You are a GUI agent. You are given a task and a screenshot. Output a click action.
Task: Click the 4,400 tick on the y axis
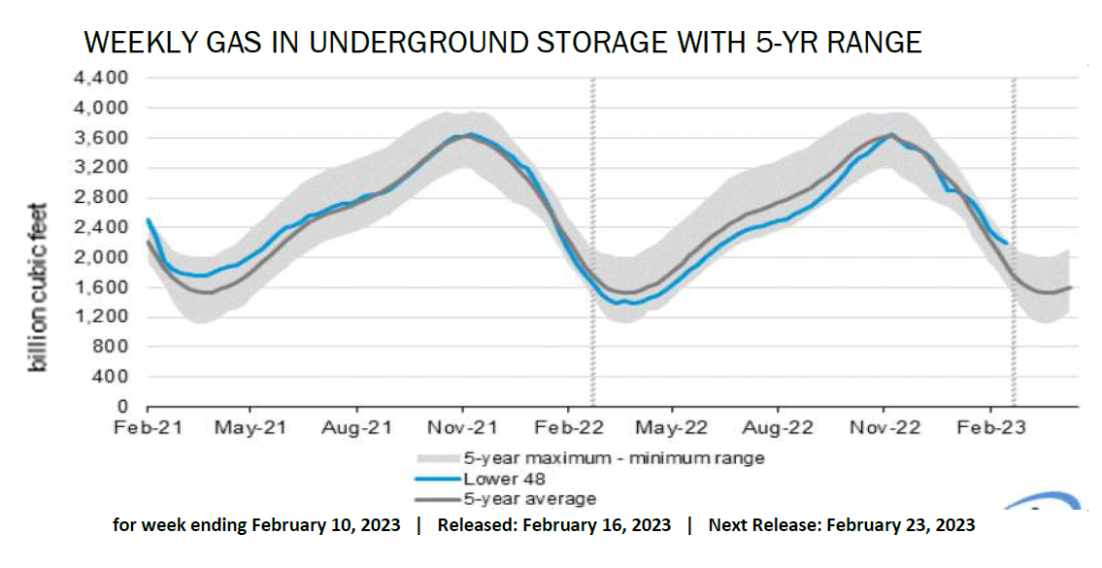coord(101,78)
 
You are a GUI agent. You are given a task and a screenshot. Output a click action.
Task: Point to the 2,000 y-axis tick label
coord(101,257)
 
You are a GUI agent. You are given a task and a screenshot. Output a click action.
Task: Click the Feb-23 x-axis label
coord(989,427)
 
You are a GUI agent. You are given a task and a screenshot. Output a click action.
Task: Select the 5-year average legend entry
coord(529,498)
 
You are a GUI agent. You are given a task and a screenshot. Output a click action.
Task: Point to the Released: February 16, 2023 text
coord(553,525)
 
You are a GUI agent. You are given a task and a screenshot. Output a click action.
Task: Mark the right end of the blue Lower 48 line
coord(1006,243)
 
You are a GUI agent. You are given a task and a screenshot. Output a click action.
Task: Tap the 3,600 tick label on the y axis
coord(101,138)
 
